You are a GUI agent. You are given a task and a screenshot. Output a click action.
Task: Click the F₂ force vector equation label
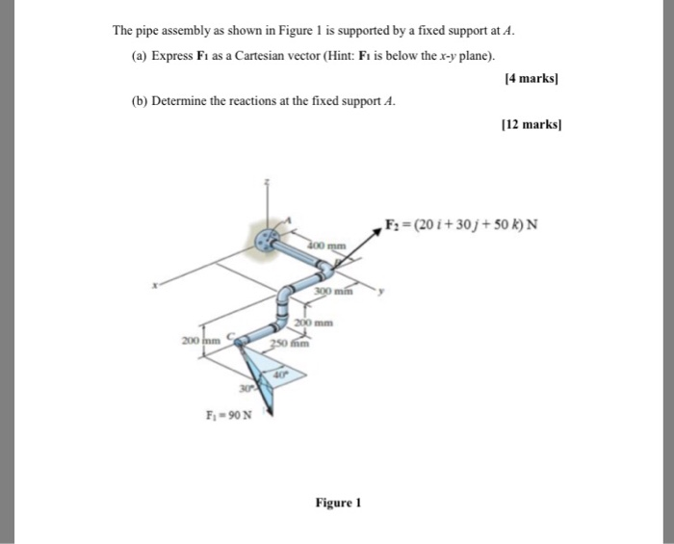pos(461,226)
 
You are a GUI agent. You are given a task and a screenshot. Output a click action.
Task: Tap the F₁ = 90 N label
pos(229,415)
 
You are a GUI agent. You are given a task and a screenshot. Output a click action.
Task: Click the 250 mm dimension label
pos(288,344)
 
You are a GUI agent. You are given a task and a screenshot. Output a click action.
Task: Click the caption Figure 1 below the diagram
pos(336,502)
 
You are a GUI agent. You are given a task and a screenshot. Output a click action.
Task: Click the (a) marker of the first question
pos(139,55)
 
